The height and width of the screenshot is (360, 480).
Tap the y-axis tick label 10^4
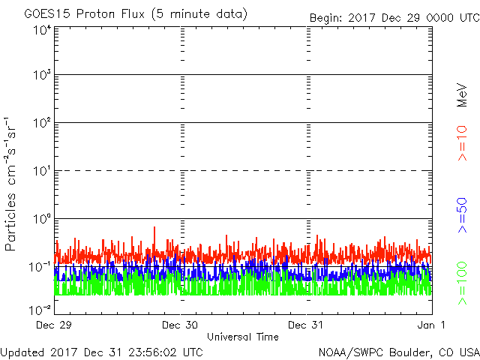pyautogui.click(x=42, y=30)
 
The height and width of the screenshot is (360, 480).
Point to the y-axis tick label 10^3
pyautogui.click(x=42, y=75)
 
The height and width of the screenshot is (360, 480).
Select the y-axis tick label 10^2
pyautogui.click(x=42, y=122)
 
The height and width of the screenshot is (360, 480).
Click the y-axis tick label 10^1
pyautogui.click(x=42, y=170)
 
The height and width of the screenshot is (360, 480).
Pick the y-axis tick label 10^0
pyautogui.click(x=42, y=218)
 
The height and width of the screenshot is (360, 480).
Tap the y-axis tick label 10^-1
pyautogui.click(x=40, y=266)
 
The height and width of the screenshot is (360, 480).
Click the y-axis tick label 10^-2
pyautogui.click(x=40, y=309)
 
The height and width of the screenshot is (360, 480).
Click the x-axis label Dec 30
pyautogui.click(x=180, y=325)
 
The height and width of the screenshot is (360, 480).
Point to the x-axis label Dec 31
pyautogui.click(x=307, y=325)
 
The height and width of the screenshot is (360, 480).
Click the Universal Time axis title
pyautogui.click(x=242, y=337)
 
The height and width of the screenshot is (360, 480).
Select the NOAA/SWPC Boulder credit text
pyautogui.click(x=398, y=351)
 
